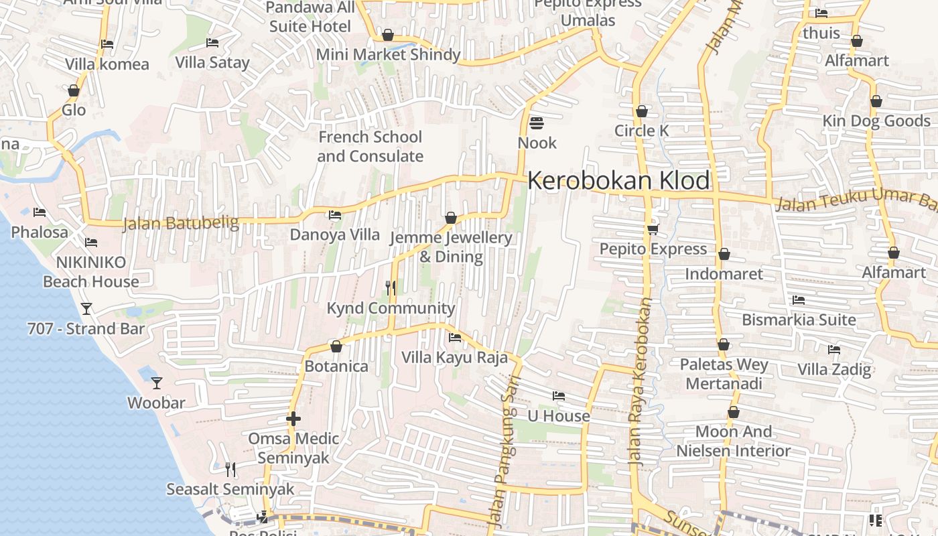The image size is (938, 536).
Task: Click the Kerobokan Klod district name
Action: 618,181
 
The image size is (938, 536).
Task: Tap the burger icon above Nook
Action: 536,123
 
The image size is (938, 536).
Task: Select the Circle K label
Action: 641,131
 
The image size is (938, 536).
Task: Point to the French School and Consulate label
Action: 370,147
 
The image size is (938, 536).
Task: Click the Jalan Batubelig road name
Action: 180,222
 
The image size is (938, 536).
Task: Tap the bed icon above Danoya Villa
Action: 334,215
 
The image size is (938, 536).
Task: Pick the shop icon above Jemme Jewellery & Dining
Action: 451,218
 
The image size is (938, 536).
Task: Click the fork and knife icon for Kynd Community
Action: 391,288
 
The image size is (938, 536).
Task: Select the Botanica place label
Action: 336,366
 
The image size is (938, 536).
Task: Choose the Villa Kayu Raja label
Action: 454,357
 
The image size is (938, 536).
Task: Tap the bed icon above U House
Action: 558,396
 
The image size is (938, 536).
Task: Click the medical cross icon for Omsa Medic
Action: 293,419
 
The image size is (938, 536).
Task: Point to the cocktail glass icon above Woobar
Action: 157,383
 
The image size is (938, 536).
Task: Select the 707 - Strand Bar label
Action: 86,329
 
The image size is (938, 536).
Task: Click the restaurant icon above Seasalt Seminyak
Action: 230,469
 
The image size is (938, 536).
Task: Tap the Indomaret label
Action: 724,274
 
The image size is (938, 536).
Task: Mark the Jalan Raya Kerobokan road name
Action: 641,382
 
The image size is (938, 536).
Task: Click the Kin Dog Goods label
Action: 876,121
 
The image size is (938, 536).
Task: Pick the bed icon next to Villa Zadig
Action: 834,350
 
